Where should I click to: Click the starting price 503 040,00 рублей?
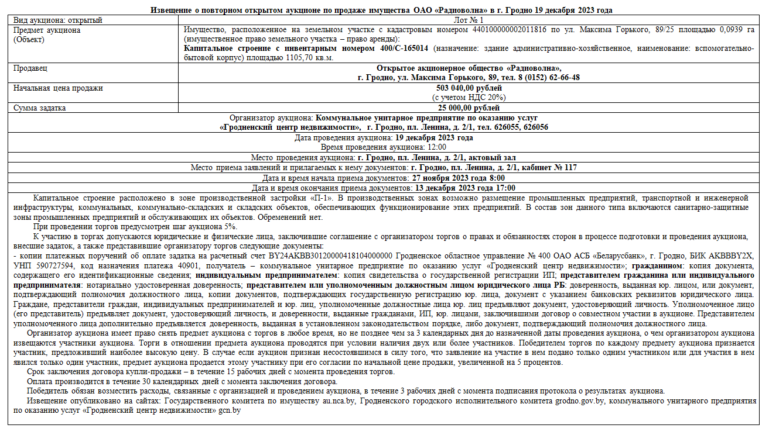pyautogui.click(x=469, y=88)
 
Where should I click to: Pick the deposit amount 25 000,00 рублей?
pyautogui.click(x=469, y=108)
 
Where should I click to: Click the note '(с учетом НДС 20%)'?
pyautogui.click(x=469, y=98)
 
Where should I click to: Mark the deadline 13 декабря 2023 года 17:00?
pyautogui.click(x=465, y=188)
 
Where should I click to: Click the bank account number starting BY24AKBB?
pyautogui.click(x=336, y=256)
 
